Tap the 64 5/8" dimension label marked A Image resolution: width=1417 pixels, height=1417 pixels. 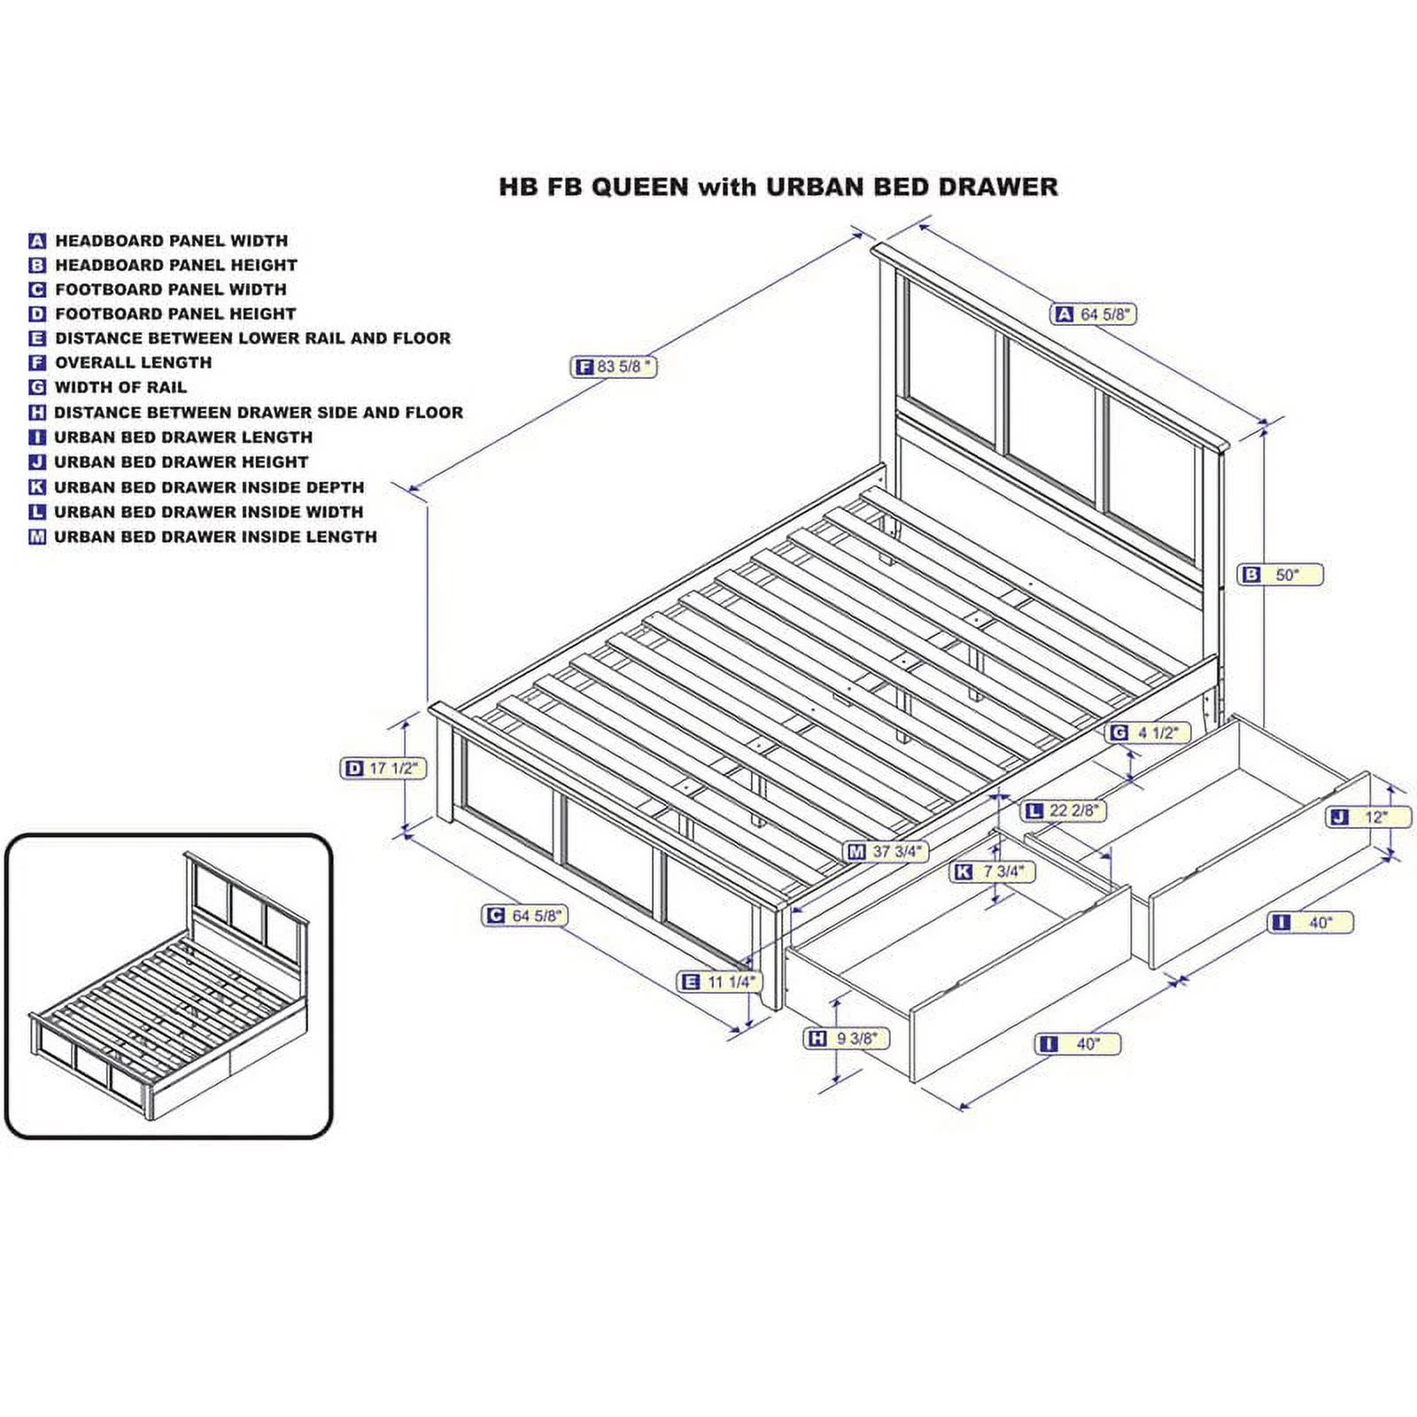pyautogui.click(x=1094, y=314)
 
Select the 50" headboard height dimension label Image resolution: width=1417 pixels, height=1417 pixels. pyautogui.click(x=1281, y=575)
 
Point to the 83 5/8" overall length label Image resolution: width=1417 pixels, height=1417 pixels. pyautogui.click(x=614, y=367)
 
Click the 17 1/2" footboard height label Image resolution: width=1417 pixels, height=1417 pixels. pyautogui.click(x=383, y=768)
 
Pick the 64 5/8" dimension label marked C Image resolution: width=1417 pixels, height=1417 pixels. pyautogui.click(x=524, y=915)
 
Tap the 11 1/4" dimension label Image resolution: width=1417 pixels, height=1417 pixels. pyautogui.click(x=720, y=981)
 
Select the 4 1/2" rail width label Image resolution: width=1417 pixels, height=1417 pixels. pyautogui.click(x=1148, y=732)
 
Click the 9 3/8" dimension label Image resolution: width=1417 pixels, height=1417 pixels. pyautogui.click(x=846, y=1038)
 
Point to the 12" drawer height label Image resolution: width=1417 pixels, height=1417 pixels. pyautogui.click(x=1368, y=817)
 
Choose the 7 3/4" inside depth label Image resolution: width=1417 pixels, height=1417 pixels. pyautogui.click(x=993, y=871)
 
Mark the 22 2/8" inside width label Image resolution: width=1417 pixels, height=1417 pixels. pyautogui.click(x=1065, y=810)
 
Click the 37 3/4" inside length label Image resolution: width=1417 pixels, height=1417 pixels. pyautogui.click(x=887, y=851)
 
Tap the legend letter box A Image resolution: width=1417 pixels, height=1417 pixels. pyautogui.click(x=37, y=241)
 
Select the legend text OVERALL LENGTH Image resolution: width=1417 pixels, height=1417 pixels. pyautogui.click(x=134, y=362)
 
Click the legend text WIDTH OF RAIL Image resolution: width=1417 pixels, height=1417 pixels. pyautogui.click(x=120, y=387)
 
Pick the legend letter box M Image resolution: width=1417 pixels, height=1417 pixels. pyautogui.click(x=37, y=537)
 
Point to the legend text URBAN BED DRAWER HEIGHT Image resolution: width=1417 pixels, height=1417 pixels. pyautogui.click(x=181, y=461)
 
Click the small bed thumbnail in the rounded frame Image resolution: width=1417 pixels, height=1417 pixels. pyautogui.click(x=168, y=985)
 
